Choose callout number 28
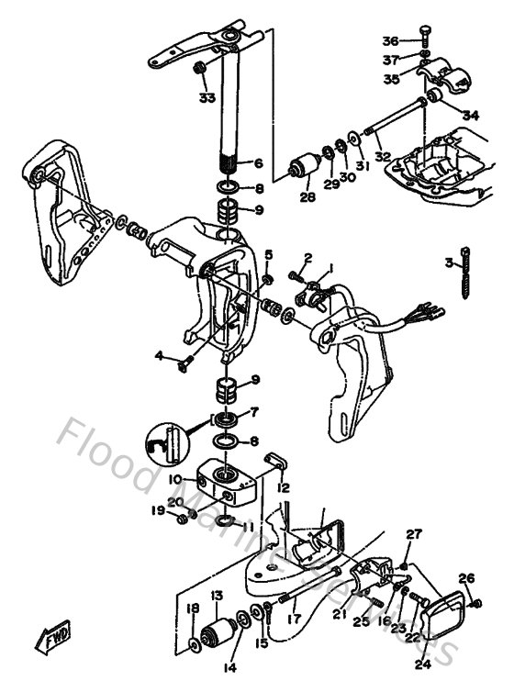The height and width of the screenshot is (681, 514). point(306,196)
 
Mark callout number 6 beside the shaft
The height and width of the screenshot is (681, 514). point(259,163)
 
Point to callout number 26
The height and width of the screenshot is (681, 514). point(467,578)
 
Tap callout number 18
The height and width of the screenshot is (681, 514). point(192,608)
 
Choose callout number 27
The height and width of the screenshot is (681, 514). point(414,533)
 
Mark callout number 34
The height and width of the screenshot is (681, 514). point(472,116)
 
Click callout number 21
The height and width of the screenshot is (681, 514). point(339,613)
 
